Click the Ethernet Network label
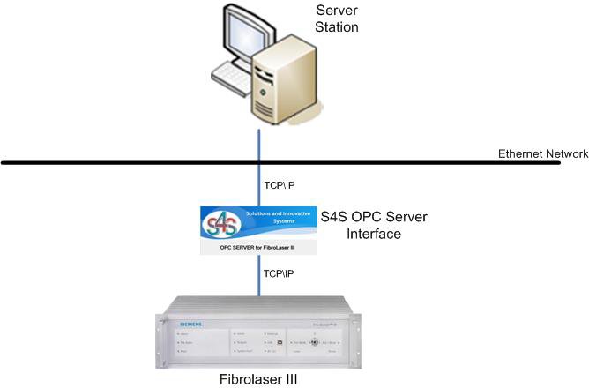pyautogui.click(x=542, y=153)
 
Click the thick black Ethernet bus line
pyautogui.click(x=132, y=162)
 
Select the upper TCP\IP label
pyautogui.click(x=279, y=185)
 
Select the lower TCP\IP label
pyautogui.click(x=279, y=273)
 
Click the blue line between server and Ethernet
pyautogui.click(x=260, y=145)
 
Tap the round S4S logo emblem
pyautogui.click(x=222, y=226)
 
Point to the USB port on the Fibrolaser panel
pyautogui.click(x=280, y=341)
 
